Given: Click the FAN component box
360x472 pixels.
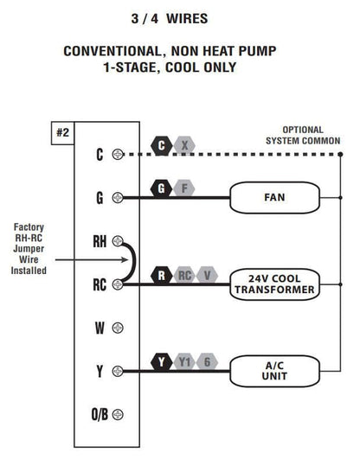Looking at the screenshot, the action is [274, 198].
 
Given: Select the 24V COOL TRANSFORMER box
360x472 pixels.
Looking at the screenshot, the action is [274, 284].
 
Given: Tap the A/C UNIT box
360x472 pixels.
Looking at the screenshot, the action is [274, 371].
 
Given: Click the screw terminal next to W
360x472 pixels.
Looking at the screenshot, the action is [118, 328].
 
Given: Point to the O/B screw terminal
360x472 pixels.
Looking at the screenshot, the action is [118, 414].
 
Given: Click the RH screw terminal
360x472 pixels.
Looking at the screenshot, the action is [118, 241].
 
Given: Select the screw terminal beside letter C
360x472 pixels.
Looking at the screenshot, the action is [118, 155].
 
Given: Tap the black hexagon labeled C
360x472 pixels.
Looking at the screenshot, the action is [162, 146].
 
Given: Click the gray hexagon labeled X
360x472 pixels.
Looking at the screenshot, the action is [184, 146].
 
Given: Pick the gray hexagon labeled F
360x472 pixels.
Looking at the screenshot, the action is [184, 188].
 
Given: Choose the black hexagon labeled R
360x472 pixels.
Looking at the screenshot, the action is [162, 275].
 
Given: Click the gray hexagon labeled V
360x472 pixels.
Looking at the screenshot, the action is [207, 275].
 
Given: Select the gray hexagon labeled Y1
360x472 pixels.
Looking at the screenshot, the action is [184, 362].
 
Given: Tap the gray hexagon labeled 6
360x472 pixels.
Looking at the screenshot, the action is [207, 362].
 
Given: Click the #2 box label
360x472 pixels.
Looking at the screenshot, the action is [62, 133].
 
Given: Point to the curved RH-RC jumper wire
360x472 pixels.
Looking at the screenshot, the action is [134, 263].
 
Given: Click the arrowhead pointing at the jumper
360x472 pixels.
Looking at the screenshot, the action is [125, 259].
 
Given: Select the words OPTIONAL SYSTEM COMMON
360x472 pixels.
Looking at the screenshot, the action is [303, 136].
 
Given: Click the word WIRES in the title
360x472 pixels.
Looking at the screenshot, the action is [187, 19].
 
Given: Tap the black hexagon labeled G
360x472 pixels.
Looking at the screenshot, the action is [162, 188].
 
